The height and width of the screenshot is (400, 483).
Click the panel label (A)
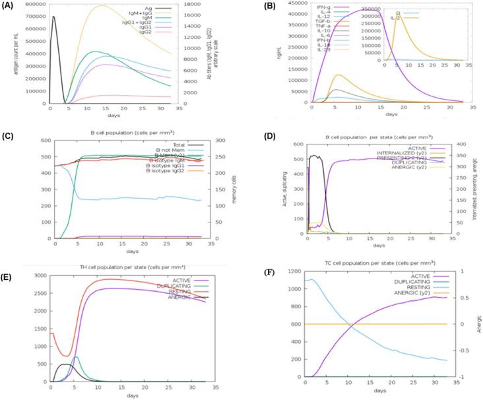pos(9,5)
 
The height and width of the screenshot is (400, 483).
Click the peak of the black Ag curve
pos(53,17)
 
